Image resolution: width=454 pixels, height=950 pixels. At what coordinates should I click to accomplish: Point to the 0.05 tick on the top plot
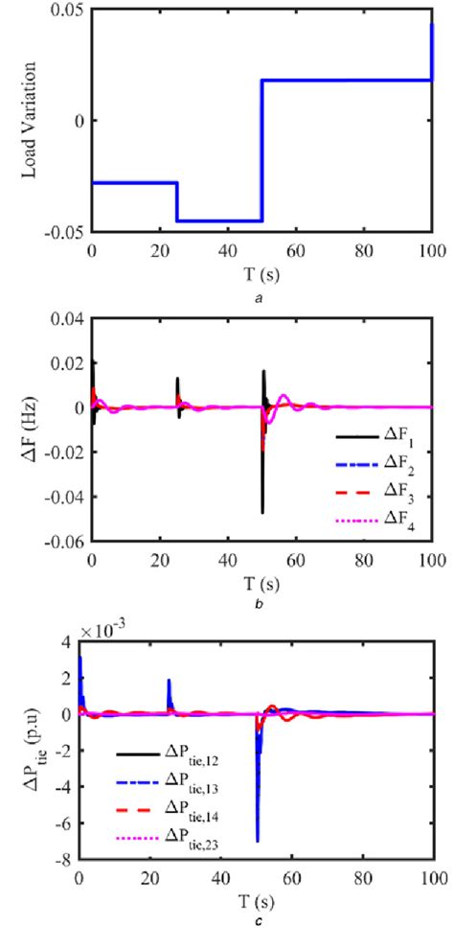(x=69, y=10)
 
